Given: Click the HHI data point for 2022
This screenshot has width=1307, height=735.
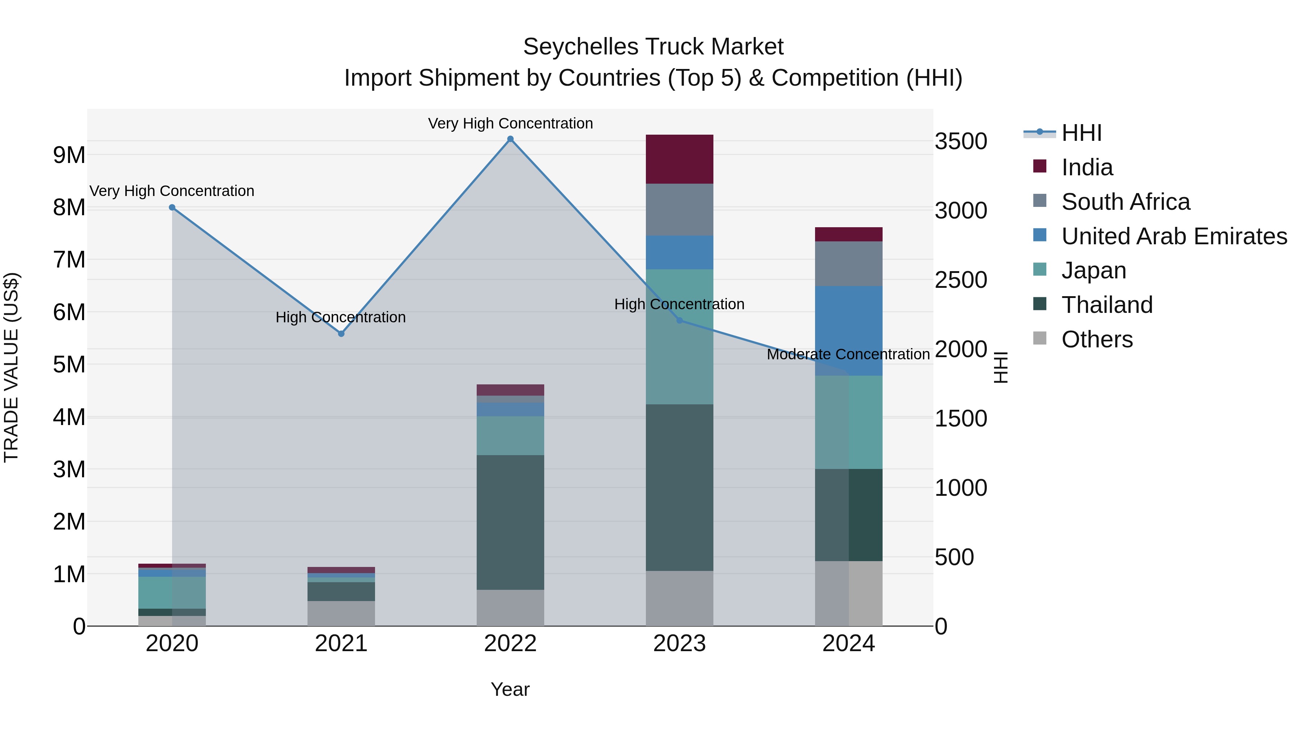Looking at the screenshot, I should pos(510,139).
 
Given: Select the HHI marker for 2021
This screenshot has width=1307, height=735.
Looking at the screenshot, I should pos(341,334).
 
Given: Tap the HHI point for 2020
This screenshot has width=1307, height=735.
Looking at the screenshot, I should pos(172,208).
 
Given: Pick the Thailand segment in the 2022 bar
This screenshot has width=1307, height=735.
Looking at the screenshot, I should pos(510,522).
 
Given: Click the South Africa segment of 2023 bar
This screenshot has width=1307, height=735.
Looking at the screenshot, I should pos(679,209).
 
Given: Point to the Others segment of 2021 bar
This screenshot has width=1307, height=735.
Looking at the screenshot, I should pos(341,613).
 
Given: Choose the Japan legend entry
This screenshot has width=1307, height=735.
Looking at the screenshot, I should pos(1094,270).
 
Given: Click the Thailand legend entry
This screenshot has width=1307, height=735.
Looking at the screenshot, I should pos(1107,305).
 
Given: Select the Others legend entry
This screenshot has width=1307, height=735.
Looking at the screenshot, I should pos(1096,339).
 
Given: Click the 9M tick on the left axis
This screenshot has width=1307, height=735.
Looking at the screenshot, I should pos(69,155).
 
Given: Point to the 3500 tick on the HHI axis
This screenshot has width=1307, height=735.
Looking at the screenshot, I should pos(961,141).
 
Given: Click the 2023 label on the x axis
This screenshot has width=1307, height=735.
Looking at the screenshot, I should pos(679,644).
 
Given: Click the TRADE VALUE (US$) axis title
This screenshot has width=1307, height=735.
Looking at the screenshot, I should pos(11,367).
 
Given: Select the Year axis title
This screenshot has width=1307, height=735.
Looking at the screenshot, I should pos(510,689).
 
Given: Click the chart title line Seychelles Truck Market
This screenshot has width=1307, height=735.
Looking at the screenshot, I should pos(653,47).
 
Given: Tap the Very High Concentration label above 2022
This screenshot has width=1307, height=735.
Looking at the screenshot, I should pos(510,123).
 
